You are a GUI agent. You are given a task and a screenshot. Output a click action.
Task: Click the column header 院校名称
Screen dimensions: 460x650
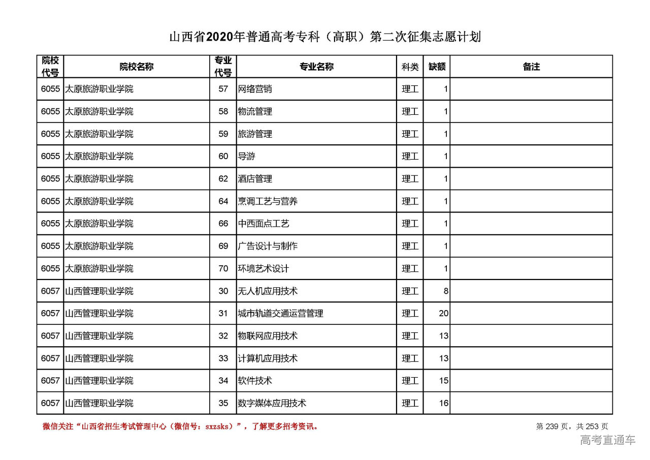[x=137, y=67]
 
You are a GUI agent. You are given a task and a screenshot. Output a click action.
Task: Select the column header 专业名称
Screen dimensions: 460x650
[x=316, y=67]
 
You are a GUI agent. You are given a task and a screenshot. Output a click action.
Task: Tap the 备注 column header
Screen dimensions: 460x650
[x=531, y=67]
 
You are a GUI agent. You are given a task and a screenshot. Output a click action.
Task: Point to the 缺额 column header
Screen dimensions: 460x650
[x=437, y=67]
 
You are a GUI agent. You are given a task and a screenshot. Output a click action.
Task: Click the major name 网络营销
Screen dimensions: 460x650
[x=255, y=89]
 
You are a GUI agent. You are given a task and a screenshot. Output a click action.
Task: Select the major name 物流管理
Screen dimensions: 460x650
[x=255, y=111]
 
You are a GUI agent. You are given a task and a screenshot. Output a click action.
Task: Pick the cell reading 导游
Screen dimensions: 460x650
[x=247, y=156]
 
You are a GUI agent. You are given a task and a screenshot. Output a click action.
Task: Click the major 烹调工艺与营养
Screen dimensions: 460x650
[x=268, y=201]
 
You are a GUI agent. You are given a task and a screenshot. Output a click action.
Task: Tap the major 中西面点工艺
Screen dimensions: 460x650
[x=264, y=224]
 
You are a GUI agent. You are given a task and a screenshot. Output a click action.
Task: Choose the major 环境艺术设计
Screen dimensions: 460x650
[x=264, y=268]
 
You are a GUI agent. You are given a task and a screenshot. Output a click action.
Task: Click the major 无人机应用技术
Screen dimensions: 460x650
[x=268, y=291]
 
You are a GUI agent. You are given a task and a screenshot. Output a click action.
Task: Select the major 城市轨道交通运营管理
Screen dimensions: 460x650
[x=280, y=314]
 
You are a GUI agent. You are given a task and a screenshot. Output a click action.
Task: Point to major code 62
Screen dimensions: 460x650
[x=223, y=179]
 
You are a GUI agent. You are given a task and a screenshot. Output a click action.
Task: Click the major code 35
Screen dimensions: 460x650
[x=223, y=403]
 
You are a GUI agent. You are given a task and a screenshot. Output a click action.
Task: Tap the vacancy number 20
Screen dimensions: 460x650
[x=444, y=314]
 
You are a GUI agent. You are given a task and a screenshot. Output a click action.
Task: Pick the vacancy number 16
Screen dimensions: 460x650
[x=444, y=403]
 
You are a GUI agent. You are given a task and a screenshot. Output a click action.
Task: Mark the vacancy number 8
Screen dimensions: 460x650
[x=446, y=291]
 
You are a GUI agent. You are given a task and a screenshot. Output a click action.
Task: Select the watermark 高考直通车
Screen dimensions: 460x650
[x=608, y=440]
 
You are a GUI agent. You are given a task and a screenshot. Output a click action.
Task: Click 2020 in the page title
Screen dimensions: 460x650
[x=219, y=37]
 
